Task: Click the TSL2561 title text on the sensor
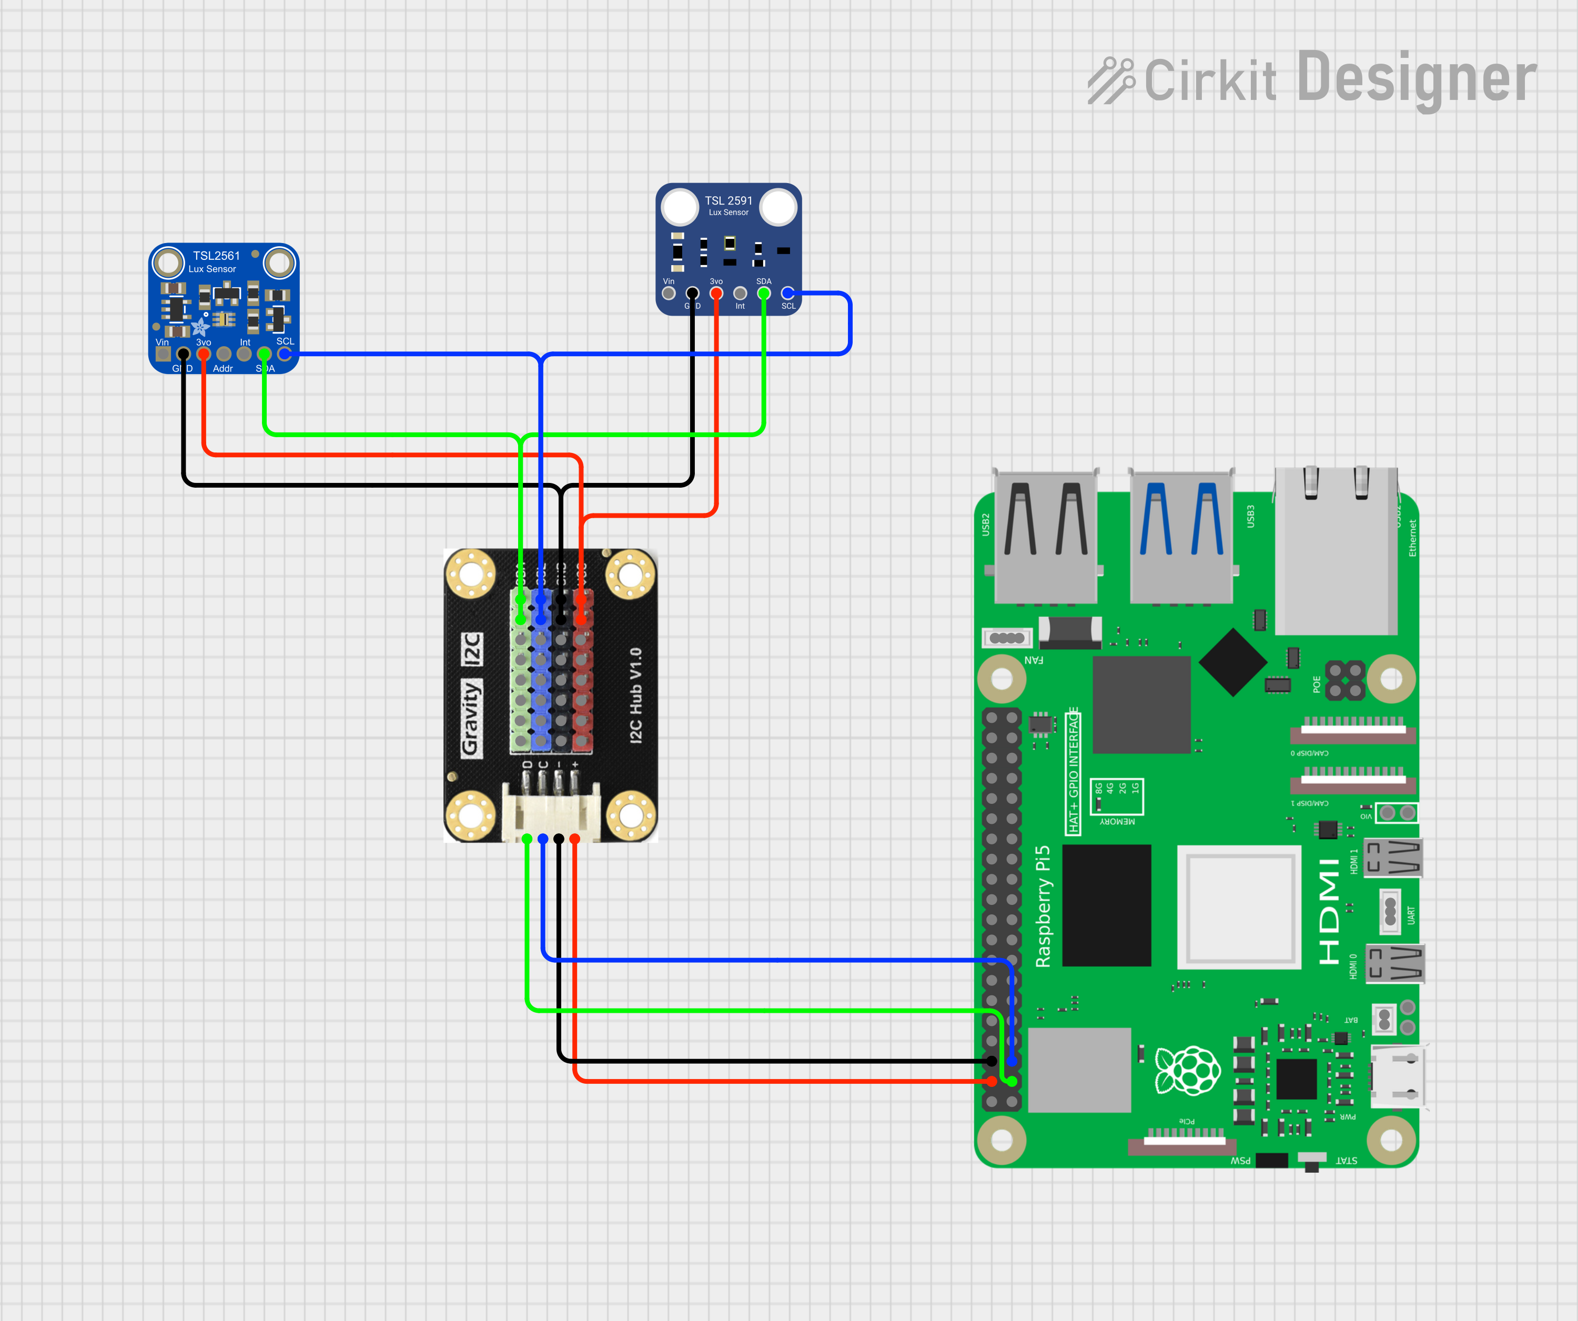click(216, 256)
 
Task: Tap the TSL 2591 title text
click(727, 200)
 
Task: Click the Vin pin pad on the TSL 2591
click(668, 293)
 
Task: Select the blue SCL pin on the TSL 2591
click(787, 293)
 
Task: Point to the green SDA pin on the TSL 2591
click(763, 293)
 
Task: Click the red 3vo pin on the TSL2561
click(204, 354)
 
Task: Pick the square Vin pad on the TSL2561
click(163, 354)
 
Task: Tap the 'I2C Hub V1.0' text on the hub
click(636, 695)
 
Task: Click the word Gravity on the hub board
click(470, 718)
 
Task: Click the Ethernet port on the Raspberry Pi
click(1336, 552)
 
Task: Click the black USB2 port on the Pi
click(1045, 537)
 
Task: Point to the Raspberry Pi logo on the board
click(1187, 1070)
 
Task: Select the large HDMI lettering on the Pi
click(1329, 911)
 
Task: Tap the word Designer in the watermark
click(1417, 78)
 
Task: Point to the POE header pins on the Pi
click(1345, 680)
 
